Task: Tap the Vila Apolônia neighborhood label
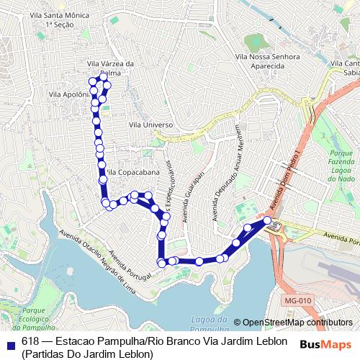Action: click(x=68, y=94)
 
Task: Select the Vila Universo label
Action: click(x=150, y=125)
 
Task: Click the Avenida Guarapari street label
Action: click(x=194, y=197)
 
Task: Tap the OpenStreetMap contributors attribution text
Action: click(x=297, y=323)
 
